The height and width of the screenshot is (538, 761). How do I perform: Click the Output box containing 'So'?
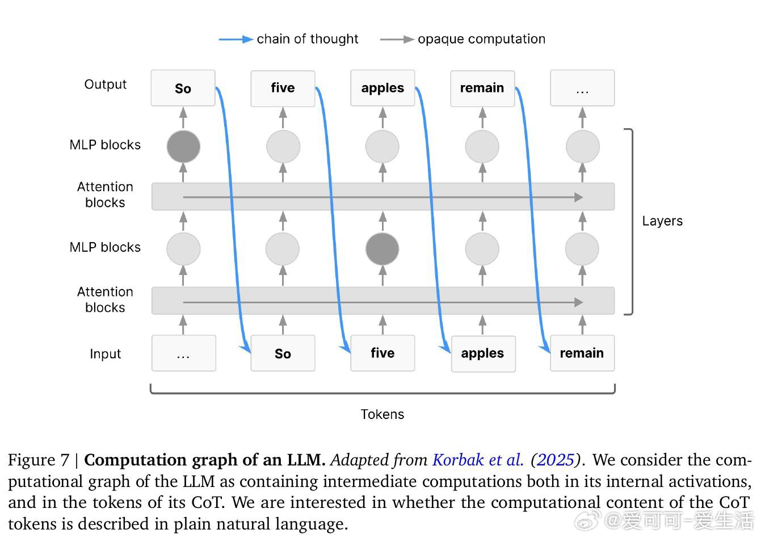[183, 88]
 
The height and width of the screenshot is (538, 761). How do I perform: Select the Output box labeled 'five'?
[283, 88]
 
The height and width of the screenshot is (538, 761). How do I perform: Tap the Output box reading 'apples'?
[382, 88]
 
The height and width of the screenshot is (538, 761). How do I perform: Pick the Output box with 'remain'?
[482, 88]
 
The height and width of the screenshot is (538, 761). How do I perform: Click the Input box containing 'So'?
[283, 353]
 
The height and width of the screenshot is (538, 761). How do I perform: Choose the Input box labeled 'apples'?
[483, 353]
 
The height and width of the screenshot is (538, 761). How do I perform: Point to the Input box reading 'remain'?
[582, 353]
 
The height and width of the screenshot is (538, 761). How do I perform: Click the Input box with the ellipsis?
[183, 353]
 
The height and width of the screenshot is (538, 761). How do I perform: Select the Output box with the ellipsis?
[582, 88]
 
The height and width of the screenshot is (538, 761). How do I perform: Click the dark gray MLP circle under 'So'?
[183, 146]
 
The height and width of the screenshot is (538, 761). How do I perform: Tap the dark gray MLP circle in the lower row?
[382, 248]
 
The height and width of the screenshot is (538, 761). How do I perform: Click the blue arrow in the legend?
[236, 39]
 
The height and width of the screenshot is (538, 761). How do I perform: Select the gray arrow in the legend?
[397, 39]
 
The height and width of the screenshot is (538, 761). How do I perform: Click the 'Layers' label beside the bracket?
[662, 221]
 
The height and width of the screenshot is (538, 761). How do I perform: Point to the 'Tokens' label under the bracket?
[382, 414]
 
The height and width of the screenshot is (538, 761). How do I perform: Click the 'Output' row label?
[106, 84]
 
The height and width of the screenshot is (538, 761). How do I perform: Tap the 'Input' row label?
[106, 354]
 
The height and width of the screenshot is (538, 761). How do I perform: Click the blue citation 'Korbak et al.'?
[478, 460]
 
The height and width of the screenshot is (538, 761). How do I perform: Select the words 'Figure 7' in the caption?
[39, 460]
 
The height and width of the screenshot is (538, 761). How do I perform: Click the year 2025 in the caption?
[556, 460]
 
